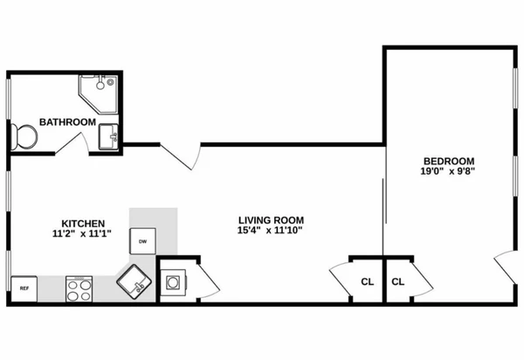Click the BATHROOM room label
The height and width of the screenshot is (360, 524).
(67, 121)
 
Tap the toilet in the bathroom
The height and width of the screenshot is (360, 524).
(24, 135)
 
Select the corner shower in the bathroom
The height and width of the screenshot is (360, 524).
(97, 90)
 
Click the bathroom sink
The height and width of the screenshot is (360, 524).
(108, 136)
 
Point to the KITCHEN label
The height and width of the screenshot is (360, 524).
(84, 222)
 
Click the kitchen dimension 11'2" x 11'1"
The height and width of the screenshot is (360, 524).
(84, 233)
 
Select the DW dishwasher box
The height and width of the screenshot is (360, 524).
(141, 240)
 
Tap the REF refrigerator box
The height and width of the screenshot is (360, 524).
(24, 287)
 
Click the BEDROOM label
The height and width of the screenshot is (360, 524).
(448, 161)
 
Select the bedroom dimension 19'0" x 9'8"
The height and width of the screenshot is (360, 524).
(448, 172)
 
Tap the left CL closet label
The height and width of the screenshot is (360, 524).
(368, 281)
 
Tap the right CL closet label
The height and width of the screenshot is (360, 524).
(399, 281)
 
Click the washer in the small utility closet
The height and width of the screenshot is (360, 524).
(173, 282)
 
